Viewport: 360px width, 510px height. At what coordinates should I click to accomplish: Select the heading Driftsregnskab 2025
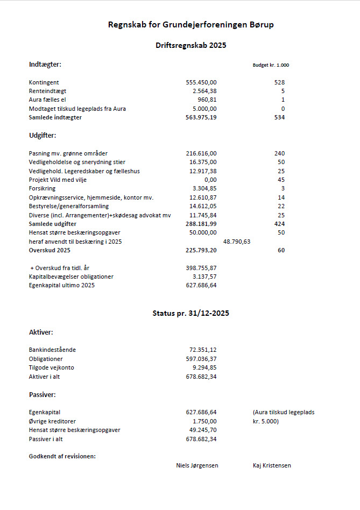point(190,45)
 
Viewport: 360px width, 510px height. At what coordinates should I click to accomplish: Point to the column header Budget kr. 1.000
point(271,65)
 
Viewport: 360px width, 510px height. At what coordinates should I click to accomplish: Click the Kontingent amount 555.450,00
point(201,83)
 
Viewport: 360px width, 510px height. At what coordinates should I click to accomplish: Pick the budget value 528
point(279,83)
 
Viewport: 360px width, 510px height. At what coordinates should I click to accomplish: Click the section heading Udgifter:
point(43,136)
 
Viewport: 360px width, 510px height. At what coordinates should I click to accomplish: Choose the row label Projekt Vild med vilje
point(58,180)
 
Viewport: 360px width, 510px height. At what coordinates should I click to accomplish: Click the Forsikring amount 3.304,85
point(204,188)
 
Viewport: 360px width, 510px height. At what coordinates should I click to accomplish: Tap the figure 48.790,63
point(237,242)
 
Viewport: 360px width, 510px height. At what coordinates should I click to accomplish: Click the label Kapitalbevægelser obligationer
point(71,277)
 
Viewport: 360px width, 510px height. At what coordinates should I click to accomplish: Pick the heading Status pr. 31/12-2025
point(190,313)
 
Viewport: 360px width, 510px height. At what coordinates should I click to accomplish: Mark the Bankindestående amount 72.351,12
point(203,350)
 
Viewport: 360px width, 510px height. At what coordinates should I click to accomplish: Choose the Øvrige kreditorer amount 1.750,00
point(204,421)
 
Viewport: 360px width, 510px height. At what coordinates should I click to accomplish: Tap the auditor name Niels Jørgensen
point(197,465)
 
